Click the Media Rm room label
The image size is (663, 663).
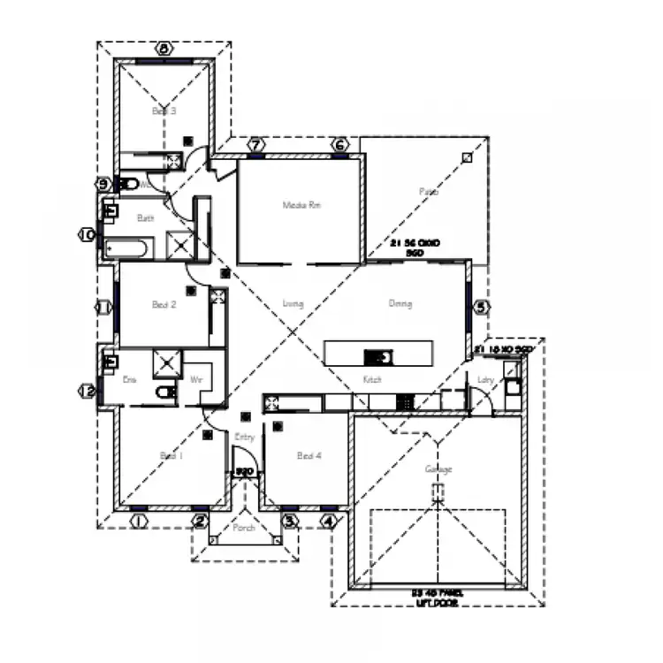[301, 205]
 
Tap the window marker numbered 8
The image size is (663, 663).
[164, 48]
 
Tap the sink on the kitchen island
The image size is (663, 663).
[379, 356]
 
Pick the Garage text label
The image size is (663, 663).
[438, 469]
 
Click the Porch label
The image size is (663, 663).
[244, 529]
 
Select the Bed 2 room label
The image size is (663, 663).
[164, 305]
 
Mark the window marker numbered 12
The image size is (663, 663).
[88, 390]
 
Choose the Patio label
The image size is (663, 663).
[429, 191]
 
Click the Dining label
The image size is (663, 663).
[400, 304]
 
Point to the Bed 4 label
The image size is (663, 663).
[309, 456]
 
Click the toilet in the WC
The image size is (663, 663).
[129, 185]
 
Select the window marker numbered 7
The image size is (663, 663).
[255, 144]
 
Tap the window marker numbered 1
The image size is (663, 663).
[138, 522]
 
